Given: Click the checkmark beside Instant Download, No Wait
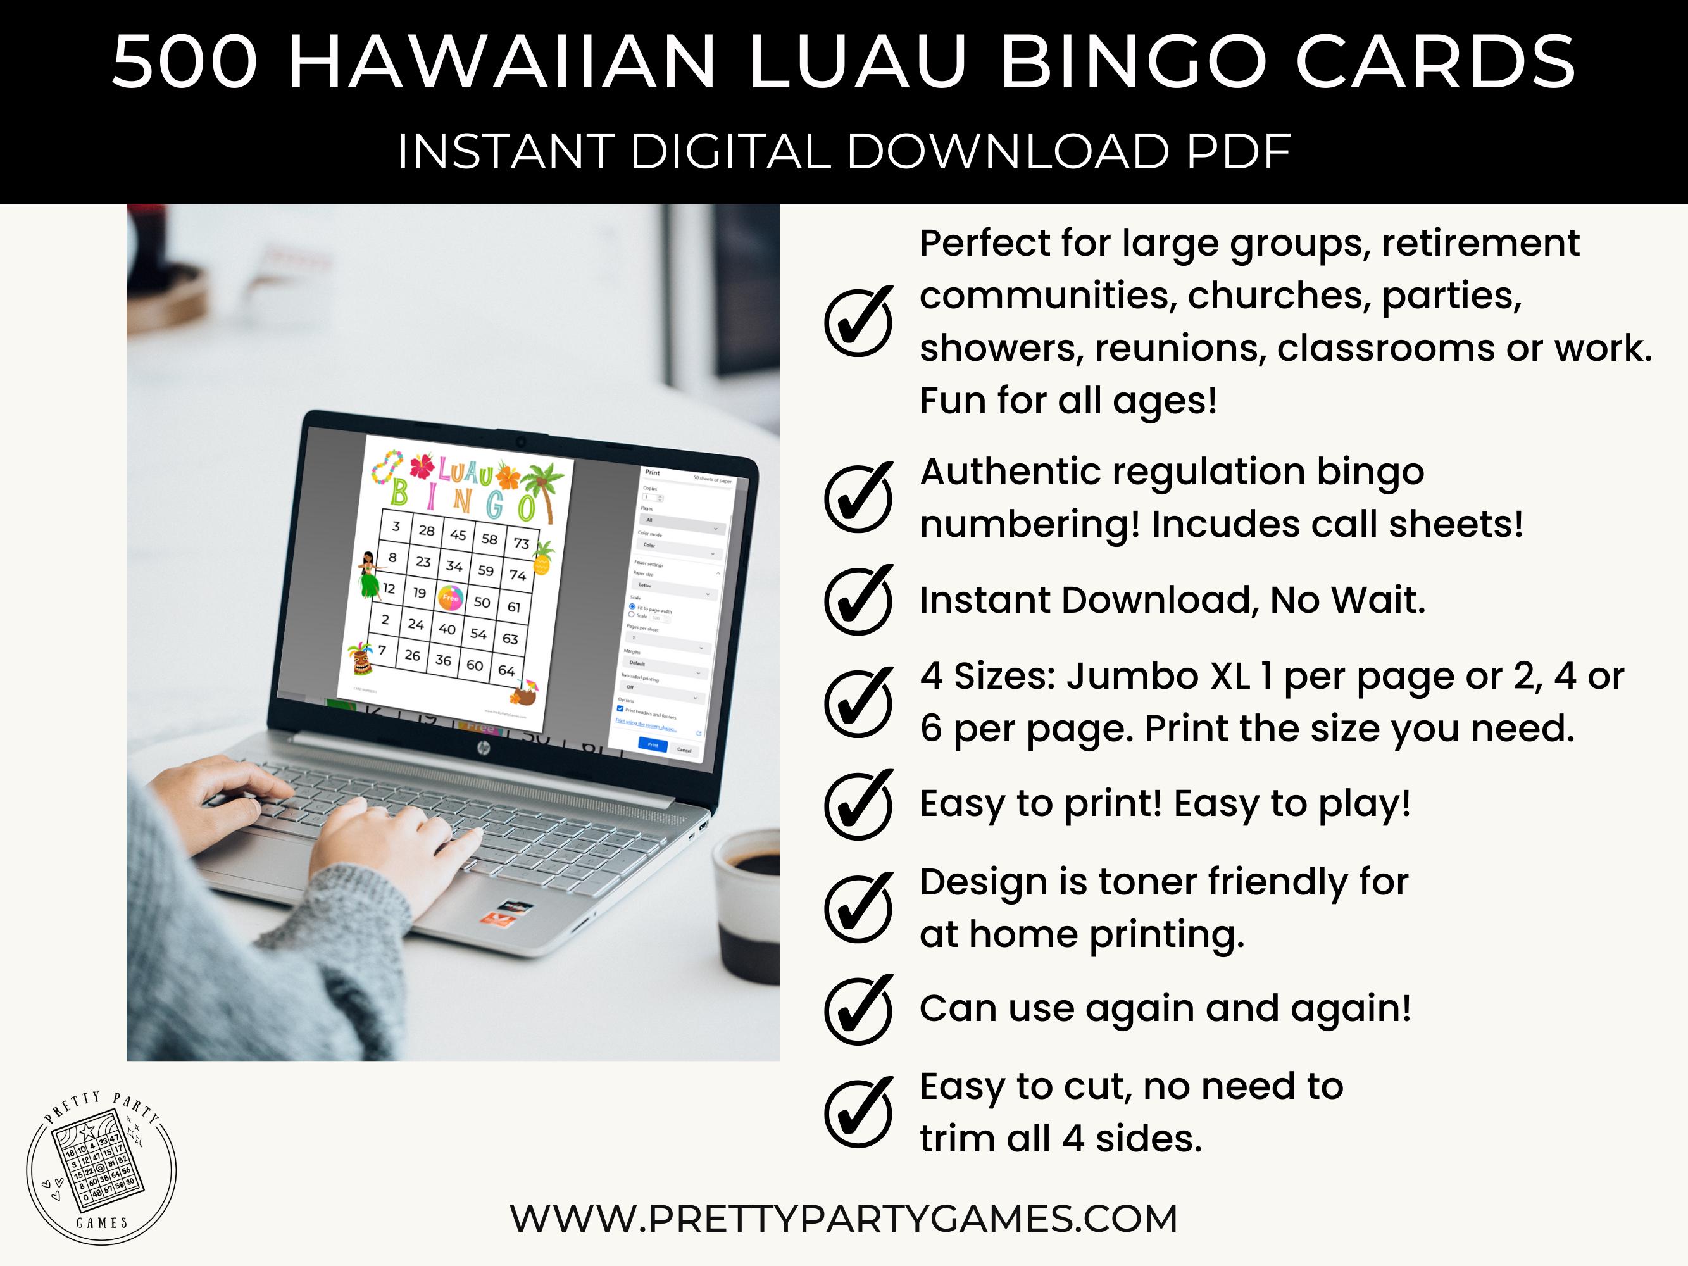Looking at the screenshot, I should click(858, 600).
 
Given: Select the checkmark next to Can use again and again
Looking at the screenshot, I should click(858, 1009).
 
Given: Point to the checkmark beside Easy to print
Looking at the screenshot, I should click(858, 805).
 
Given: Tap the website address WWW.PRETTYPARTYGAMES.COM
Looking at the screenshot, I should click(843, 1219).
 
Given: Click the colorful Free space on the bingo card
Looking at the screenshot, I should click(450, 598).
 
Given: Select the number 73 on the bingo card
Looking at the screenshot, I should click(521, 542).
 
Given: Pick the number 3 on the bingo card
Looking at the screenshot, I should click(396, 526).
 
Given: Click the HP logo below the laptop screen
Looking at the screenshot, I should click(482, 750).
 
